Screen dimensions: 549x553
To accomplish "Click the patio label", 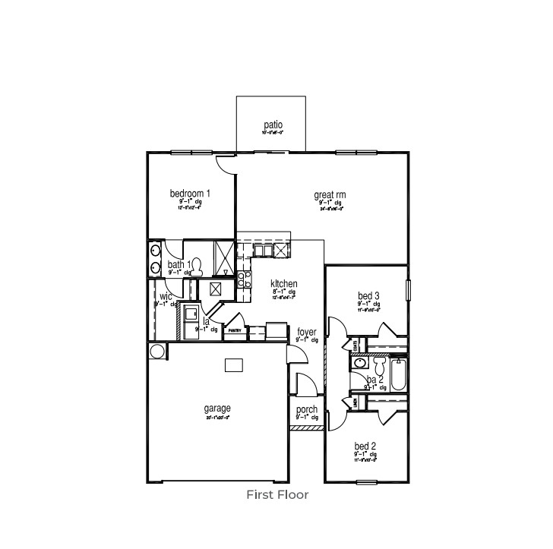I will (273, 125).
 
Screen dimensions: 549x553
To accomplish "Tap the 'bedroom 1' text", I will (190, 194).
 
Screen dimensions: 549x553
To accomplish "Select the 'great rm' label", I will (330, 195).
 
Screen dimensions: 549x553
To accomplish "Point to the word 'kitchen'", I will (283, 283).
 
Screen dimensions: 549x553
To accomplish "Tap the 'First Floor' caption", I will (276, 495).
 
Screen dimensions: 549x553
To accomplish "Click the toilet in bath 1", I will (197, 266).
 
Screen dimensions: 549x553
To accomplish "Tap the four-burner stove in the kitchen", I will (245, 279).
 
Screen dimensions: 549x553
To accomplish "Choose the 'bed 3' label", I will (368, 295).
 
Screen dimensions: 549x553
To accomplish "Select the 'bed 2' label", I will (365, 446).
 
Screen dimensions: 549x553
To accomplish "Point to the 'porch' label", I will (307, 410).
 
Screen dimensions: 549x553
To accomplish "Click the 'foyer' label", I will (307, 332).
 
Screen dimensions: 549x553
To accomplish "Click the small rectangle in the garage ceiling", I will (233, 365).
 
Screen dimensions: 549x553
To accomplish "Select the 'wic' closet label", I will (165, 296).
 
